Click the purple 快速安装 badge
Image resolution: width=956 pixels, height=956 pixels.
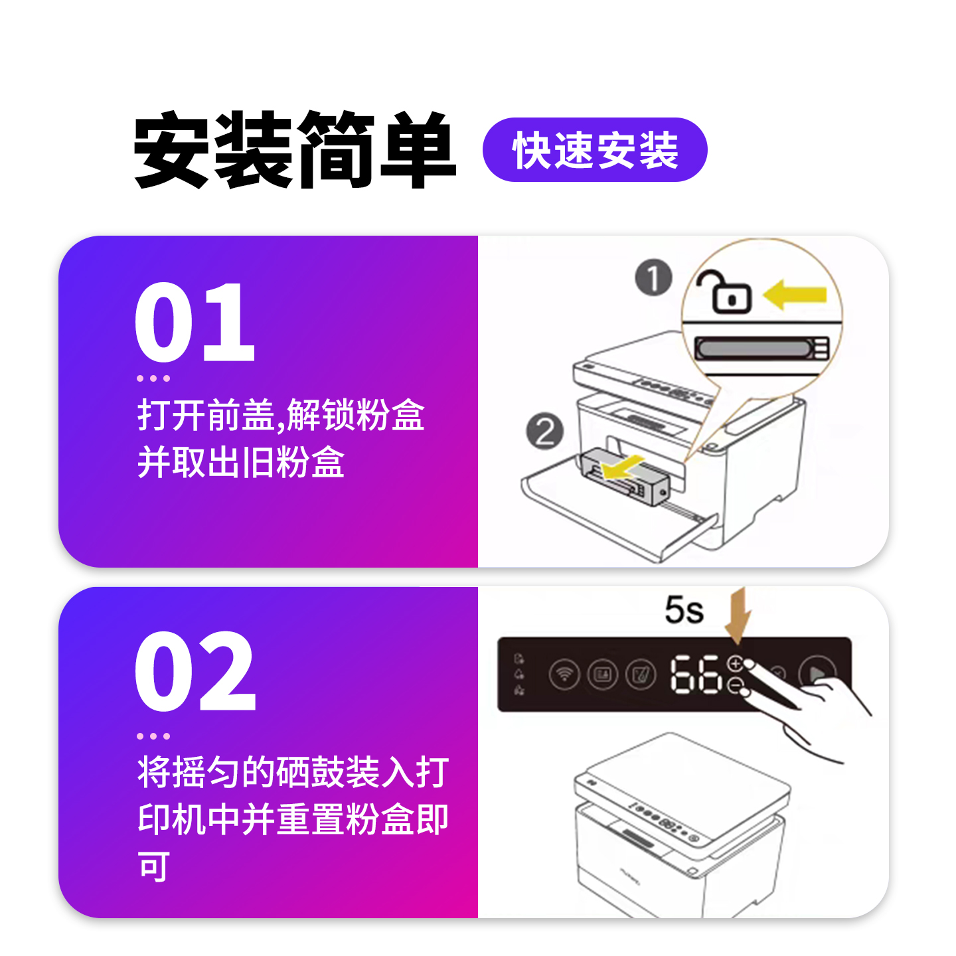point(594,150)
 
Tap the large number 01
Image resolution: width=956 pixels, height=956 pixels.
point(195,322)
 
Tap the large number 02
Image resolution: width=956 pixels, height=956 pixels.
point(195,672)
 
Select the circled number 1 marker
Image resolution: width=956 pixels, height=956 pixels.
point(653,278)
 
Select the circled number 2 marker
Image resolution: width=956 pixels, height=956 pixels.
point(544,432)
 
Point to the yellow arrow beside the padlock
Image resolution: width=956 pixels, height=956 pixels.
point(795,294)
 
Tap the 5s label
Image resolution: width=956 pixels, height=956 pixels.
point(684,609)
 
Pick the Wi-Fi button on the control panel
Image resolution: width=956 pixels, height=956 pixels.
point(564,675)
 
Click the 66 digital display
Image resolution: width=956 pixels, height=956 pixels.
point(694,675)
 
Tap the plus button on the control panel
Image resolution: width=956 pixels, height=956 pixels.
point(735,663)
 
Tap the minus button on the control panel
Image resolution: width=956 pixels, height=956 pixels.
point(735,685)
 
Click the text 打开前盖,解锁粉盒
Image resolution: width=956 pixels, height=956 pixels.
point(281,416)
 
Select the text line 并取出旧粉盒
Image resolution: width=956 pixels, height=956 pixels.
point(240,462)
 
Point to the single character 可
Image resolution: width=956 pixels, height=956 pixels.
point(154,866)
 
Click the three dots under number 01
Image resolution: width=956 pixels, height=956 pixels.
point(153,378)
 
